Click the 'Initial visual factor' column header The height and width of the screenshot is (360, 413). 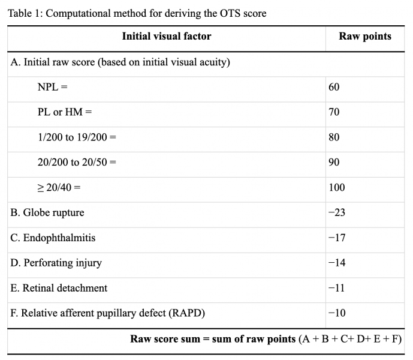coord(166,37)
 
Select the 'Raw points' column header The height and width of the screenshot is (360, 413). coord(364,37)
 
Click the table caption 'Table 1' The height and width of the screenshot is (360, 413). coord(136,13)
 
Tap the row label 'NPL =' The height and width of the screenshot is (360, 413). coord(52,87)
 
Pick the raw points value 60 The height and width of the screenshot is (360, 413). coord(334,87)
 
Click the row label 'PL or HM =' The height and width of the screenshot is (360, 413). coord(65,112)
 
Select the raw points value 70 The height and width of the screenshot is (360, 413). coord(334,112)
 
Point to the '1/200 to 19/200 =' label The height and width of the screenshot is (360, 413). coord(77,137)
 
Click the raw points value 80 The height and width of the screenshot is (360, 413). coord(334,137)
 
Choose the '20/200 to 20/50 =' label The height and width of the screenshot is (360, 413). coord(77,163)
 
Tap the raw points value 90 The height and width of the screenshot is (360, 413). coord(334,163)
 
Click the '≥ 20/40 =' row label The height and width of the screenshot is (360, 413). coord(59,188)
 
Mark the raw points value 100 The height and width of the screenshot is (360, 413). coord(336,188)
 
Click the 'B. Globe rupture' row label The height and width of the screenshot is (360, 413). coord(47,213)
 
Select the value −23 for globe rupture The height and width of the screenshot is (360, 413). coord(337,213)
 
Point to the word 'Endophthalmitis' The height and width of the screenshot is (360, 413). coord(59,238)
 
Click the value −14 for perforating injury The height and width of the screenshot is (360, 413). coord(337,263)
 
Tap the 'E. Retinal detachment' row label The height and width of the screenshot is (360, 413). coord(59,288)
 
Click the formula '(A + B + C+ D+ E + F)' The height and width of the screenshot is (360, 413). coord(350,339)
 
